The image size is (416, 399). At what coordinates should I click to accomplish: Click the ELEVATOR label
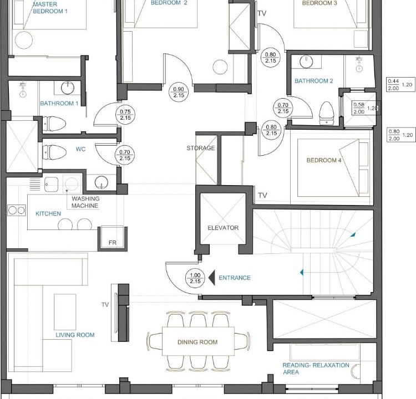(223, 228)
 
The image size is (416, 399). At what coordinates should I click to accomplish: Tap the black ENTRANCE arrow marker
(212, 278)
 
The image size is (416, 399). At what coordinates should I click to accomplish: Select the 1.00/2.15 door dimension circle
(195, 278)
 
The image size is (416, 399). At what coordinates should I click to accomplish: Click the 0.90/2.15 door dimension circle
(179, 92)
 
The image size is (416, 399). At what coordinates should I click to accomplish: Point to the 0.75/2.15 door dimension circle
(125, 115)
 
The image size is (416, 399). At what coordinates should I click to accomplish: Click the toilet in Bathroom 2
(326, 113)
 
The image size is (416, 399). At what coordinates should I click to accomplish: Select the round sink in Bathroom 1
(68, 88)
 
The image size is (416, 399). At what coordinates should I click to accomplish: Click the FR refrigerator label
(113, 243)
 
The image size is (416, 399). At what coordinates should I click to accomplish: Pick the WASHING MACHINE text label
(85, 202)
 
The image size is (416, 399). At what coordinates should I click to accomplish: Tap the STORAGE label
(201, 148)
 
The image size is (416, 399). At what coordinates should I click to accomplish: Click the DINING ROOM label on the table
(197, 342)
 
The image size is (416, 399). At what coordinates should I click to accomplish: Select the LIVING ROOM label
(75, 335)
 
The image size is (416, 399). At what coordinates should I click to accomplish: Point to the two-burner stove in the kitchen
(17, 210)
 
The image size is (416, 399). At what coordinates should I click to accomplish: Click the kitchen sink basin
(51, 184)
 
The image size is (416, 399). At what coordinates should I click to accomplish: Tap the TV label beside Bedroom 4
(263, 196)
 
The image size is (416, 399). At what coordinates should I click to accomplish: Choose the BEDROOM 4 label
(324, 160)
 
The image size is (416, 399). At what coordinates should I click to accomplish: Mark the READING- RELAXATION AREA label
(316, 369)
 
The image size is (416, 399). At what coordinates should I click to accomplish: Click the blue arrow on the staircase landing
(302, 272)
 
